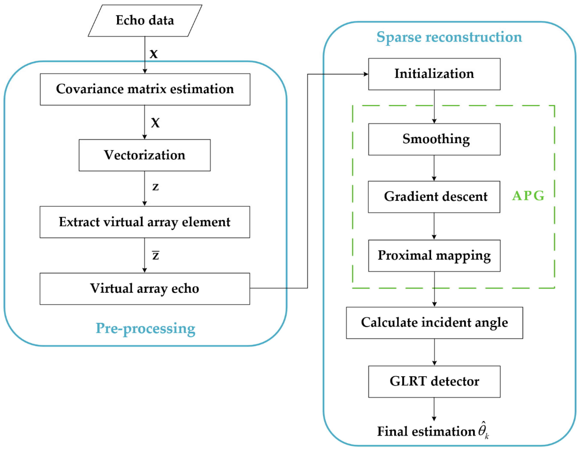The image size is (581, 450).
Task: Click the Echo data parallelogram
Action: click(145, 21)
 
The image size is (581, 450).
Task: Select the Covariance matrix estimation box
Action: click(145, 89)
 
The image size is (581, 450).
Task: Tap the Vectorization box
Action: click(145, 155)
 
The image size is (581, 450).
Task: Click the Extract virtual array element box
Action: click(145, 222)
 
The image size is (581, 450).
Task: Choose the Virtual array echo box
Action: click(145, 289)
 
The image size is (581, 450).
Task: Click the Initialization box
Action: click(434, 74)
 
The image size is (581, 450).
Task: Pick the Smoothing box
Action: click(434, 139)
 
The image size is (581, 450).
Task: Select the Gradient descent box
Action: click(434, 197)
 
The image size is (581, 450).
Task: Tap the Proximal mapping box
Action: click(434, 256)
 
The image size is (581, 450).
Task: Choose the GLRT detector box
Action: click(434, 382)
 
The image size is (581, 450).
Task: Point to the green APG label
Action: click(528, 196)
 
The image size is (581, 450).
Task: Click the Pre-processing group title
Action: click(145, 328)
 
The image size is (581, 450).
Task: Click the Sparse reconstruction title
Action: click(449, 37)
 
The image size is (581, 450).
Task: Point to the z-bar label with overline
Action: click(156, 255)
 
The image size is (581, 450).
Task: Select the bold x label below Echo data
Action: click(154, 54)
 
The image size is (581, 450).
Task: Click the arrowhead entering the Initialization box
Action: click(366, 74)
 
